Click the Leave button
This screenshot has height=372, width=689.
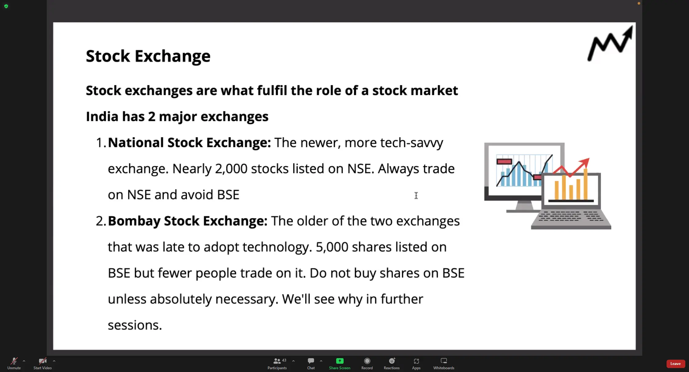(x=675, y=364)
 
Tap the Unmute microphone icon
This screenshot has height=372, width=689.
(x=14, y=361)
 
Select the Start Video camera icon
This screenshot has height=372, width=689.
(x=42, y=361)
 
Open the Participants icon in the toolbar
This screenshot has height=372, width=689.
(x=277, y=361)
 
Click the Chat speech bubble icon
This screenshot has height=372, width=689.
(x=311, y=361)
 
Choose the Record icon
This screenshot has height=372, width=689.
(x=367, y=361)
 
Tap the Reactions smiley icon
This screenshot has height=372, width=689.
(x=392, y=361)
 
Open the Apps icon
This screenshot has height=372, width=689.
(x=416, y=361)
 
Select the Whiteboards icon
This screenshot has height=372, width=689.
(x=444, y=361)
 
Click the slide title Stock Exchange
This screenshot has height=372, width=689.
(x=148, y=56)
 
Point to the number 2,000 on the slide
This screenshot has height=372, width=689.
(x=231, y=169)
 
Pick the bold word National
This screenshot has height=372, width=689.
(x=136, y=143)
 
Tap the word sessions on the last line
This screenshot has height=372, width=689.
(x=135, y=325)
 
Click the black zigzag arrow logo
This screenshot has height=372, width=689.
(x=610, y=44)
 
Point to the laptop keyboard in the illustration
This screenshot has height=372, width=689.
(x=571, y=216)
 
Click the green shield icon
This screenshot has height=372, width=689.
(x=6, y=6)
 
